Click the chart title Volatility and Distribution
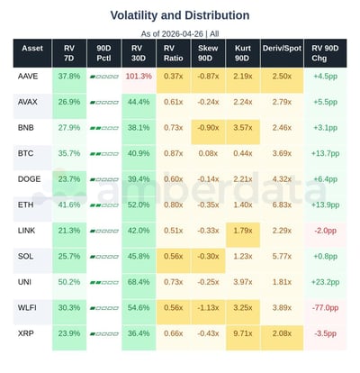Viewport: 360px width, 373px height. click(x=180, y=15)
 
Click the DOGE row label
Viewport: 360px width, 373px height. click(x=29, y=179)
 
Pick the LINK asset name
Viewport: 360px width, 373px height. click(x=27, y=231)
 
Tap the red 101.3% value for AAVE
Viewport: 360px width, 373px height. click(x=139, y=77)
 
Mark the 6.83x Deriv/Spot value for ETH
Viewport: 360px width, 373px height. click(x=281, y=205)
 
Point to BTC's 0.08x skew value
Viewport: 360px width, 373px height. click(x=209, y=154)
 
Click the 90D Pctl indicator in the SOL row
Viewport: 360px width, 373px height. click(x=103, y=257)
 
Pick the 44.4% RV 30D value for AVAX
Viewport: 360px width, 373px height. click(x=139, y=102)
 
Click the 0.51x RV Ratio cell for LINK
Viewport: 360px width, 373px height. click(x=174, y=231)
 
